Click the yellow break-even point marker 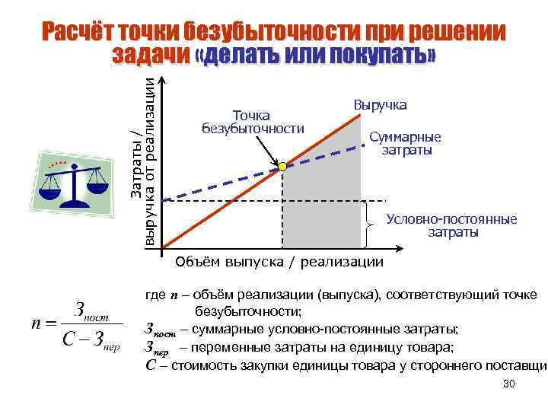click(282, 165)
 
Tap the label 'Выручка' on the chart click(380, 104)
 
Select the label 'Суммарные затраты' click(405, 144)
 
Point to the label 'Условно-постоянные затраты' click(451, 225)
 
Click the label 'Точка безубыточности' click(252, 122)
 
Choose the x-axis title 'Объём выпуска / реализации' click(279, 263)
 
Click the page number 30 click(509, 385)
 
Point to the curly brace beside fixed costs click(369, 225)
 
